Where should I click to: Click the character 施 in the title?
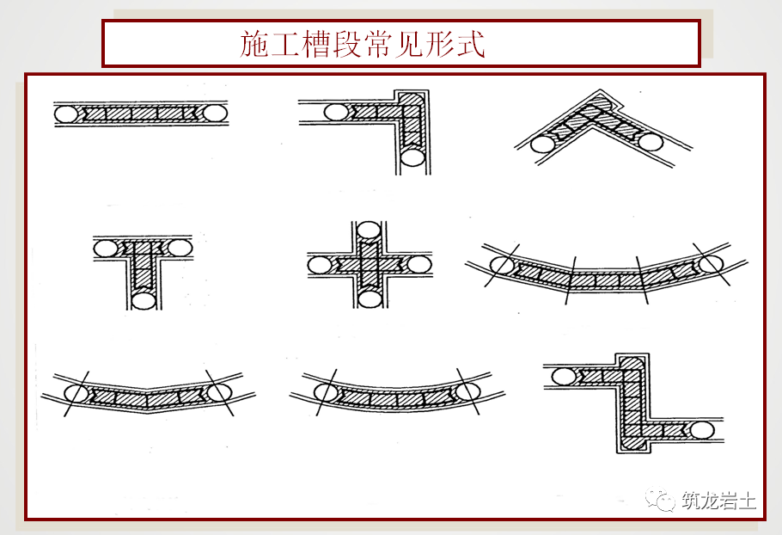[255, 44]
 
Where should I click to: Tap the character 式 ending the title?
[471, 44]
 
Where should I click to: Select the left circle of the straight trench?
[65, 113]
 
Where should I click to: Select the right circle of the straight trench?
[215, 113]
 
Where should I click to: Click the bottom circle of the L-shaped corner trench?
[413, 157]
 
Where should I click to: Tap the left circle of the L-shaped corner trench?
[336, 112]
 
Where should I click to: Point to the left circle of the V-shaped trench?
[541, 144]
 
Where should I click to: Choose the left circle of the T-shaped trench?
[105, 249]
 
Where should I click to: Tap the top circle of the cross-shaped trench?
[369, 231]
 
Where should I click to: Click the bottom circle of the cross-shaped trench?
[369, 298]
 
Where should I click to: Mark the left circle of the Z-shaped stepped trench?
[564, 376]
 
